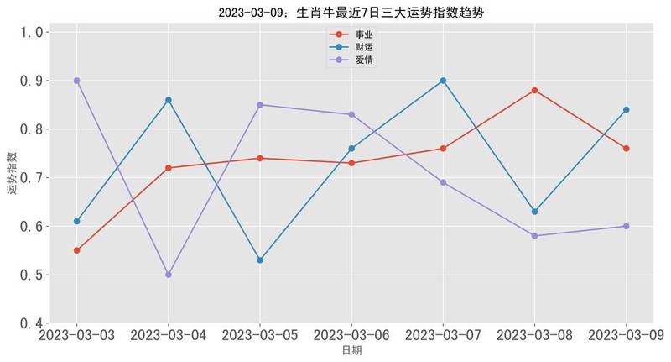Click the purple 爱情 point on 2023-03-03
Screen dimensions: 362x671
pyautogui.click(x=77, y=81)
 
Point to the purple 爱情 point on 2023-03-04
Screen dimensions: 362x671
pyautogui.click(x=169, y=275)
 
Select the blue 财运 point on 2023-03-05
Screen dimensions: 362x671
pyautogui.click(x=260, y=260)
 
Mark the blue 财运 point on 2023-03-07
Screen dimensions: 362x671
pyautogui.click(x=443, y=81)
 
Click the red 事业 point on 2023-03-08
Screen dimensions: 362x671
pyautogui.click(x=534, y=91)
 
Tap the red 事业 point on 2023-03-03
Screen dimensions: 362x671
pyautogui.click(x=77, y=250)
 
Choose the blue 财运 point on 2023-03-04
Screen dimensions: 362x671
pyautogui.click(x=169, y=100)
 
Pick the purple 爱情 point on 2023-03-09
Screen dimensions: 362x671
pyautogui.click(x=626, y=226)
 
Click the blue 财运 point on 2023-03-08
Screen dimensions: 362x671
pyautogui.click(x=534, y=212)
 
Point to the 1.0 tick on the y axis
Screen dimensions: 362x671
pyautogui.click(x=30, y=32)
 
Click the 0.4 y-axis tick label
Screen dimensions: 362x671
pyautogui.click(x=30, y=323)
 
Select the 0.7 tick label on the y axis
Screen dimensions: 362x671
pyautogui.click(x=30, y=178)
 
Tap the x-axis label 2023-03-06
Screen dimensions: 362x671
pyautogui.click(x=351, y=336)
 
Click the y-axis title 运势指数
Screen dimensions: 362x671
pyautogui.click(x=12, y=174)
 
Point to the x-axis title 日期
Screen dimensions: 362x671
pyautogui.click(x=351, y=352)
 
